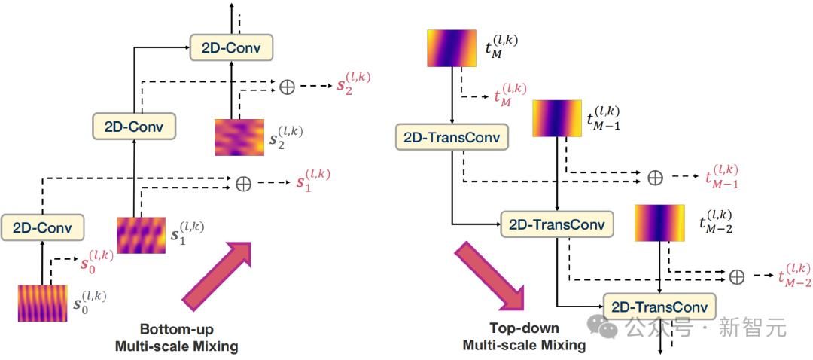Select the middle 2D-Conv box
[x=134, y=125]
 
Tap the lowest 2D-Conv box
[x=42, y=226]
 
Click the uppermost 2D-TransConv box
[x=451, y=137]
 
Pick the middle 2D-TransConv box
[x=557, y=224]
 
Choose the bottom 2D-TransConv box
[x=659, y=307]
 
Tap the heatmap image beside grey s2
[x=239, y=136]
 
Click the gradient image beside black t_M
[x=451, y=47]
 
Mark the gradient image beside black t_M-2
[x=659, y=222]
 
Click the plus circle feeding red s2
[x=287, y=87]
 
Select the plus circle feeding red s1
[x=243, y=184]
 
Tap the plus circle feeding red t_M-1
[x=656, y=177]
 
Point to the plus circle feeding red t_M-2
[x=737, y=276]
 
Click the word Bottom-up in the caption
[x=176, y=330]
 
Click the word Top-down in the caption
[x=524, y=328]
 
